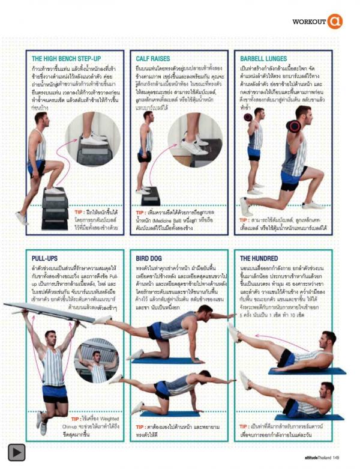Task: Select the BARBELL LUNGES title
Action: click(265, 59)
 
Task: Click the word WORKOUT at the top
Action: click(309, 22)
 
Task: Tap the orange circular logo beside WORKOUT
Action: click(335, 22)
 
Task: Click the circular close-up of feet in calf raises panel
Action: click(195, 141)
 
